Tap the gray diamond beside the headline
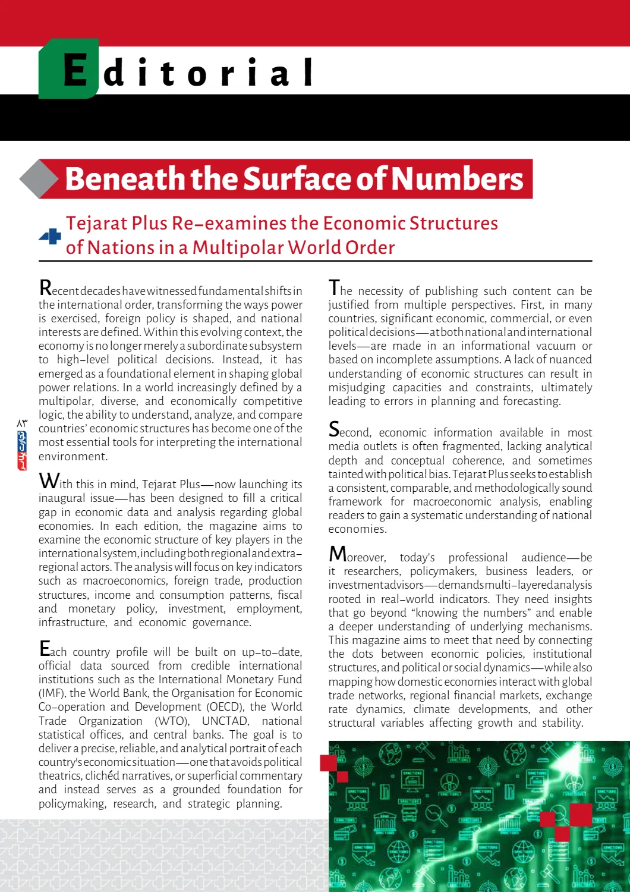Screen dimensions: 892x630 39,178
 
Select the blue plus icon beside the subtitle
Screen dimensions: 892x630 51,237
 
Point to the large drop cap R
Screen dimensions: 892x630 45,288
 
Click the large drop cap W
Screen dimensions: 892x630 48,481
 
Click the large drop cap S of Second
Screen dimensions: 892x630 334,429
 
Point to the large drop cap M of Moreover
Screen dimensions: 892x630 337,554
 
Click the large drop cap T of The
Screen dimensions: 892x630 334,288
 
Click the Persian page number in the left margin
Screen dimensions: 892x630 22,423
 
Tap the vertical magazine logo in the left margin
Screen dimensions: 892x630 22,450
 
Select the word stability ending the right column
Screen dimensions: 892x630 562,723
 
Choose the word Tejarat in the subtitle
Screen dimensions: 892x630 96,223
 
